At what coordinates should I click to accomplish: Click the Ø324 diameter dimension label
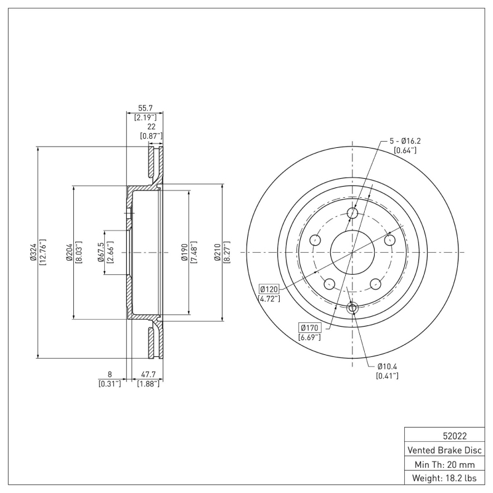[34, 253]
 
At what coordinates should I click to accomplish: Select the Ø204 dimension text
[70, 253]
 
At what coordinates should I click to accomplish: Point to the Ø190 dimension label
[184, 253]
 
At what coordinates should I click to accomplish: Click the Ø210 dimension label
[218, 253]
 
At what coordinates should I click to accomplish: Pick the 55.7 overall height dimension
[145, 107]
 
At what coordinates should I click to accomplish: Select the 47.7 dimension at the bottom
[148, 374]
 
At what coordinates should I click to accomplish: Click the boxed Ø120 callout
[269, 289]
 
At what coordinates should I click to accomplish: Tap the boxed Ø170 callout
[308, 328]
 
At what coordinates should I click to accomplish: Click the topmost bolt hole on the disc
[352, 213]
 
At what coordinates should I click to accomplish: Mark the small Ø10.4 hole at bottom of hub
[352, 308]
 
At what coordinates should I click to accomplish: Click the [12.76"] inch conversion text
[42, 253]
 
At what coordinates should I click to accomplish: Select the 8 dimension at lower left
[109, 374]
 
